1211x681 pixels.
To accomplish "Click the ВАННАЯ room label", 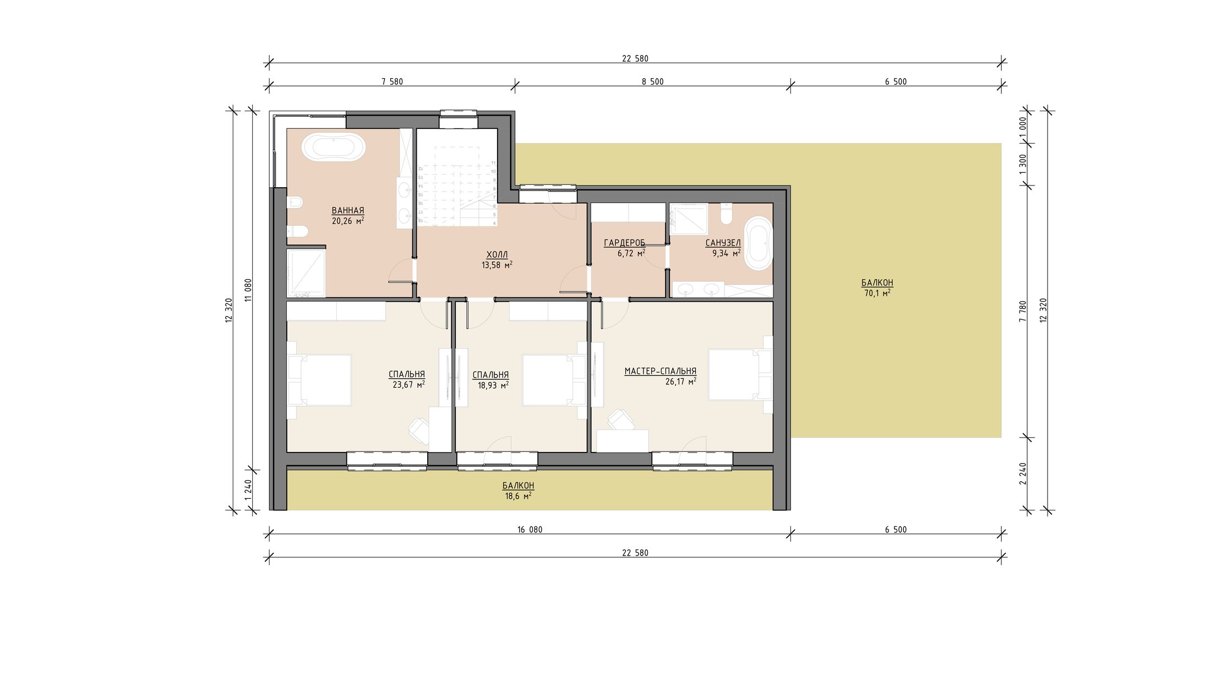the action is (x=347, y=211).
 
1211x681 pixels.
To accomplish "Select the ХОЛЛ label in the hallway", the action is (x=497, y=254).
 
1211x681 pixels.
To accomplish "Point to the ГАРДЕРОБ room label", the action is (x=624, y=243).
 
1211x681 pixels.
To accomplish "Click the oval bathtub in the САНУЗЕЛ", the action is (x=757, y=243).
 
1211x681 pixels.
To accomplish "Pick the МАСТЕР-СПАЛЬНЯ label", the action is (x=660, y=372).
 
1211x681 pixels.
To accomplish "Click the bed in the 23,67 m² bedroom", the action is (x=319, y=380).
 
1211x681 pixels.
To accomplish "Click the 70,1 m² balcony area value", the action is (x=877, y=293).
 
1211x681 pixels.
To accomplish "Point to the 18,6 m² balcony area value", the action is (x=518, y=496).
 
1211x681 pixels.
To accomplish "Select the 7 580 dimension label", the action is (x=392, y=82).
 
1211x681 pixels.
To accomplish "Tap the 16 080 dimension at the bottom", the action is (x=530, y=530).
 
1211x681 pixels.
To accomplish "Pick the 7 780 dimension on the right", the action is (x=1023, y=312).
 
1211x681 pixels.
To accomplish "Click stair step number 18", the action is (x=420, y=221).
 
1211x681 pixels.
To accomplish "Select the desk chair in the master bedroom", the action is (x=621, y=420).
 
